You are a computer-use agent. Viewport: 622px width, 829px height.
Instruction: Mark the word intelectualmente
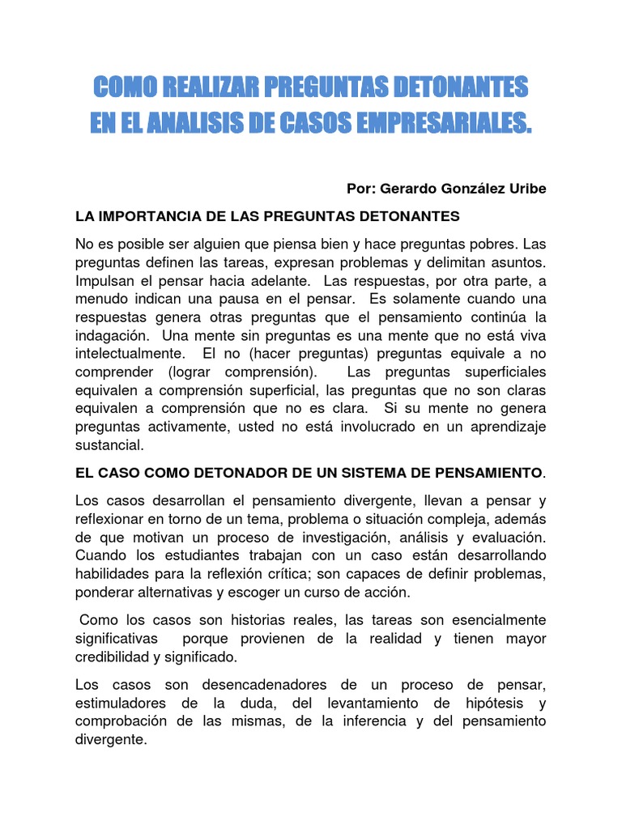[127, 354]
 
